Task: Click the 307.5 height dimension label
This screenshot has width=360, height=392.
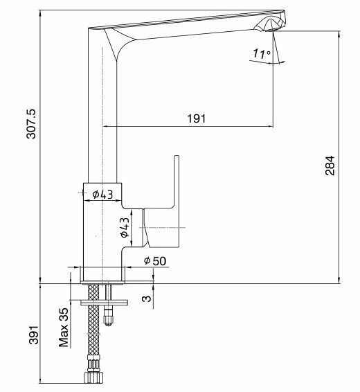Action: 32,123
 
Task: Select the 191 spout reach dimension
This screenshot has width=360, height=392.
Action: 197,118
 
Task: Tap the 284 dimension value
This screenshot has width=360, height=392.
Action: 330,166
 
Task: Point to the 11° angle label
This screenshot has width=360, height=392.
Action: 261,53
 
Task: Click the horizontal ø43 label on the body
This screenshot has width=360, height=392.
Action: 102,194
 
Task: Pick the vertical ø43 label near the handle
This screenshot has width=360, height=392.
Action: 125,227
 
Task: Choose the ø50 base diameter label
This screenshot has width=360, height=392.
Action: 155,260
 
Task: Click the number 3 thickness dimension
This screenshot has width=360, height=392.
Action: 147,299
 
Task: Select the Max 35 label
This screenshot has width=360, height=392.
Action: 64,328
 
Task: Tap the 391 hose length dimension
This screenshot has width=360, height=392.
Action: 34,335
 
